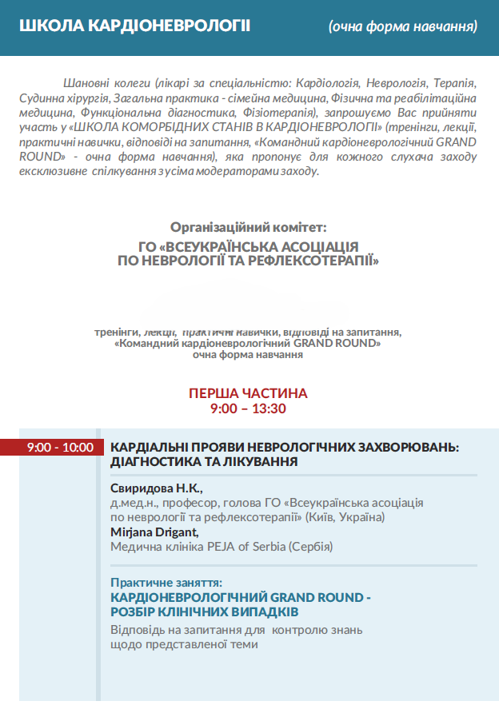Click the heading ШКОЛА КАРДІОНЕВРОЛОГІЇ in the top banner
click(134, 26)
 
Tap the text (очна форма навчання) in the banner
click(403, 26)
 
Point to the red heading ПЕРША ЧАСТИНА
click(248, 393)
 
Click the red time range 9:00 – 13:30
click(248, 408)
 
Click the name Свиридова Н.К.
click(157, 488)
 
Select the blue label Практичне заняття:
click(166, 583)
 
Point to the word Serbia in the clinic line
click(265, 547)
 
